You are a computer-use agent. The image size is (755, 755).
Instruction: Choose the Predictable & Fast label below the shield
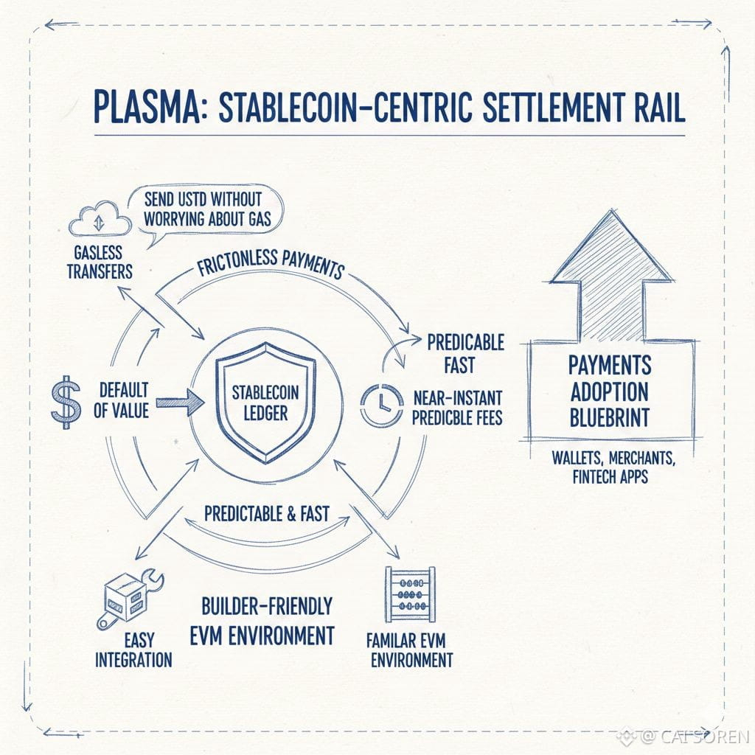click(x=266, y=513)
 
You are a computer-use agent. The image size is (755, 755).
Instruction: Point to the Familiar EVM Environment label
click(x=411, y=649)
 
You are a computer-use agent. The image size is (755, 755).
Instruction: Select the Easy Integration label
click(x=133, y=650)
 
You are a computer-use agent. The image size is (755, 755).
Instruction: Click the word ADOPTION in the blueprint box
click(x=609, y=391)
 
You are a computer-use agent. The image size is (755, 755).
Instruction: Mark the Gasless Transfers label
click(x=100, y=261)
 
